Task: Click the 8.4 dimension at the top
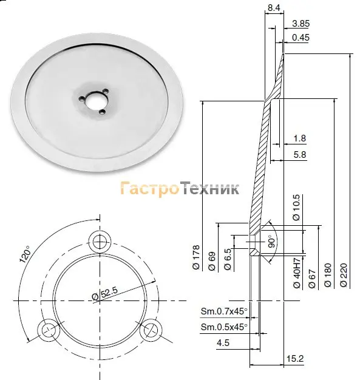(x=274, y=8)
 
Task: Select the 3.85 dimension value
(x=301, y=24)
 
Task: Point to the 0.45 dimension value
(x=301, y=38)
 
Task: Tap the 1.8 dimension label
(x=300, y=138)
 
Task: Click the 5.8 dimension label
(x=300, y=154)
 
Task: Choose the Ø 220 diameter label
(x=344, y=275)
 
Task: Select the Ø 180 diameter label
(x=328, y=275)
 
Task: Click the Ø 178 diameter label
(x=196, y=257)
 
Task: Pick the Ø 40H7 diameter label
(x=297, y=273)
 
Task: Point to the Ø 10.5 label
(x=296, y=208)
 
